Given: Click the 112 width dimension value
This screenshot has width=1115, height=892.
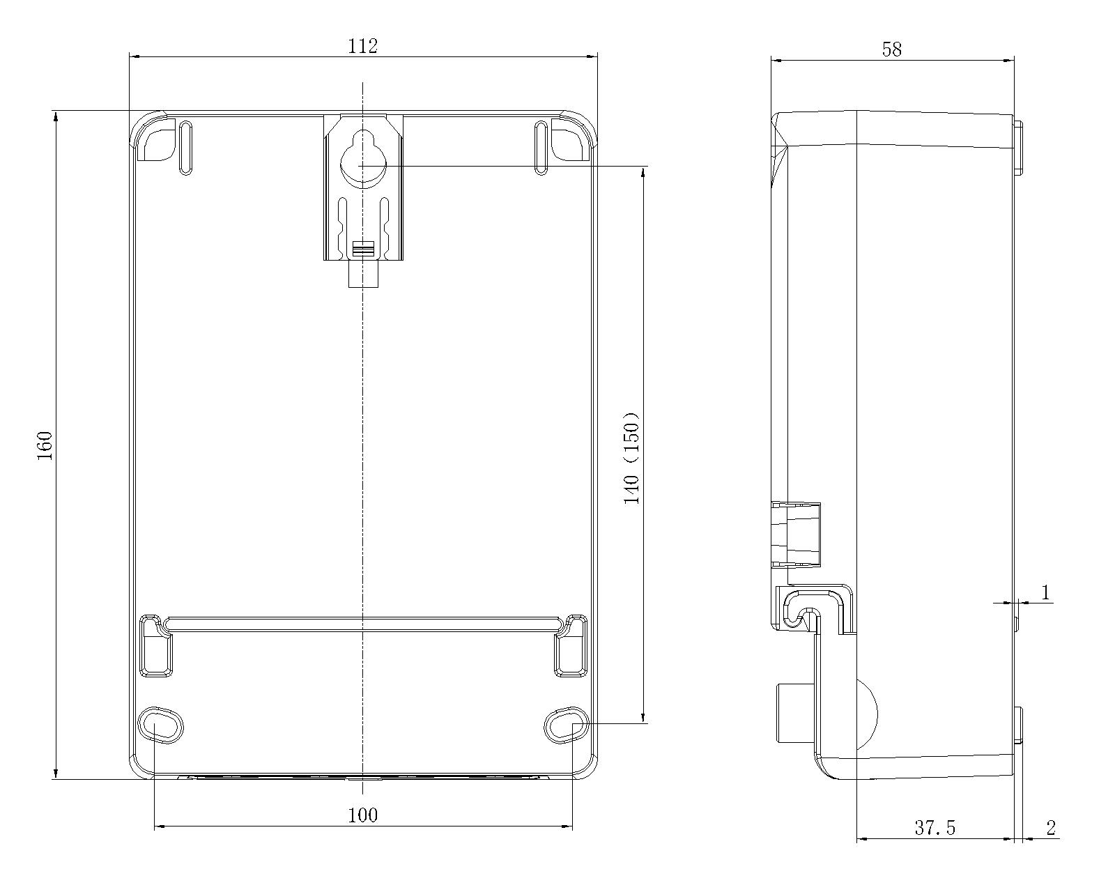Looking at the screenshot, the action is (362, 46).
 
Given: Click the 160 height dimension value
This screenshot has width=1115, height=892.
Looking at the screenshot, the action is (45, 445).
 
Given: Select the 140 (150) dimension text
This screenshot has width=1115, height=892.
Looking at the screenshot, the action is (631, 458).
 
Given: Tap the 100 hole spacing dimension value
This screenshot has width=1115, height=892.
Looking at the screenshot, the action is (362, 815).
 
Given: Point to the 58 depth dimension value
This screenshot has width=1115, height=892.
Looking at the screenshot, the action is (892, 49).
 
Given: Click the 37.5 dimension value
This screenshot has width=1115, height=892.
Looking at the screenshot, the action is (935, 828).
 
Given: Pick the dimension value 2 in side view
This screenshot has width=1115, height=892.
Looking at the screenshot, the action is (1051, 828).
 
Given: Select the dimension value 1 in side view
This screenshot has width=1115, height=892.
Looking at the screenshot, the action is (1045, 592).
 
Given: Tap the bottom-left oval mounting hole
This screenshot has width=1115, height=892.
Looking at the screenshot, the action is (160, 725).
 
